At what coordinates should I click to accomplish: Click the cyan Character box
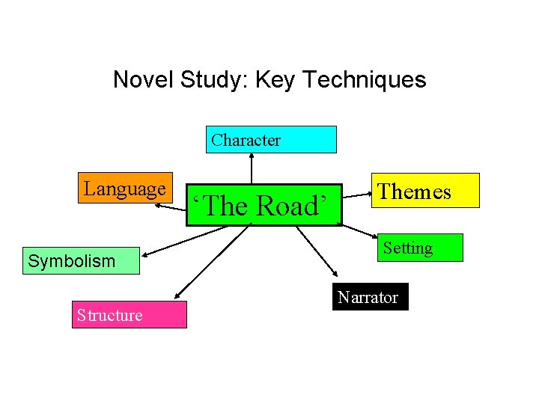(x=271, y=139)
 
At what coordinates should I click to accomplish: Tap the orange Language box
(x=125, y=189)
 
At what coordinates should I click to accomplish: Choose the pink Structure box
(x=129, y=315)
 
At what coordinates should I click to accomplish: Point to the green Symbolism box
(x=81, y=261)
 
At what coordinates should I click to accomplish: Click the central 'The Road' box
(x=264, y=205)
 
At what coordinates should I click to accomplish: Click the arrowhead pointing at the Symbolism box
(x=144, y=251)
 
